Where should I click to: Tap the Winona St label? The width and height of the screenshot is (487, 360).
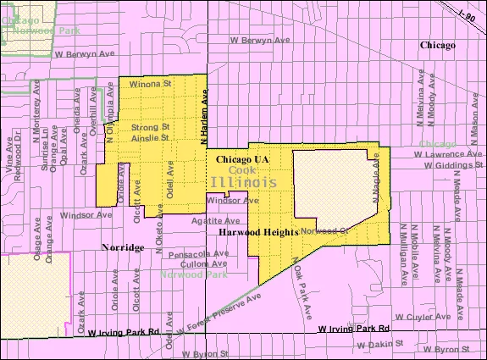(x=151, y=85)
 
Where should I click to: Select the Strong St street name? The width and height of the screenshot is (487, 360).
(x=151, y=128)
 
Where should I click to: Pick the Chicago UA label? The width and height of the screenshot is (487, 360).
(x=242, y=159)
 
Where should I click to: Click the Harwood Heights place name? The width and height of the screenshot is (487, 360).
(x=255, y=232)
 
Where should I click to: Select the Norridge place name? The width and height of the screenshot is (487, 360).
(x=123, y=248)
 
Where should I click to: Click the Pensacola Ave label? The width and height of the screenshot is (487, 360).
(x=198, y=252)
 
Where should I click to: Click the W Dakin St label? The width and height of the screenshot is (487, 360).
(x=381, y=345)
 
